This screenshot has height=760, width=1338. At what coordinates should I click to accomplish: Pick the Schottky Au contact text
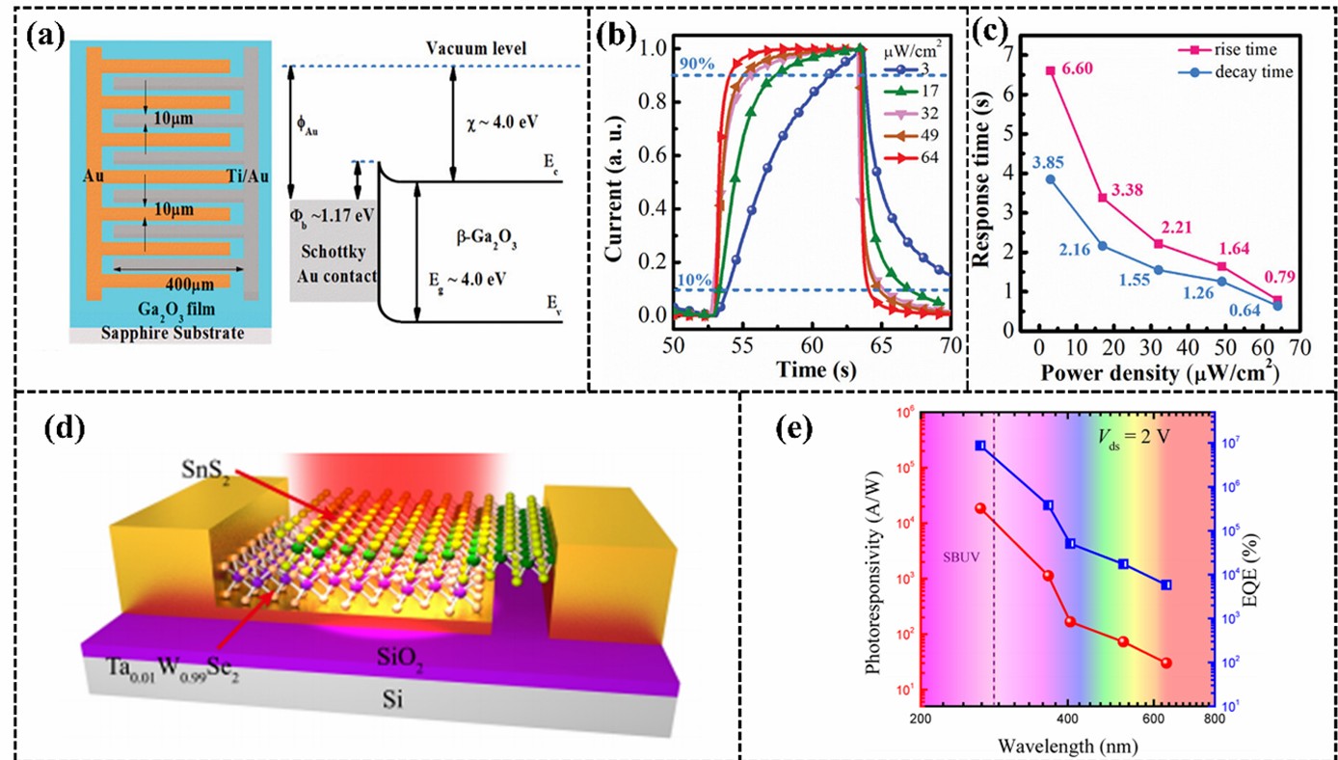coord(332,247)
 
